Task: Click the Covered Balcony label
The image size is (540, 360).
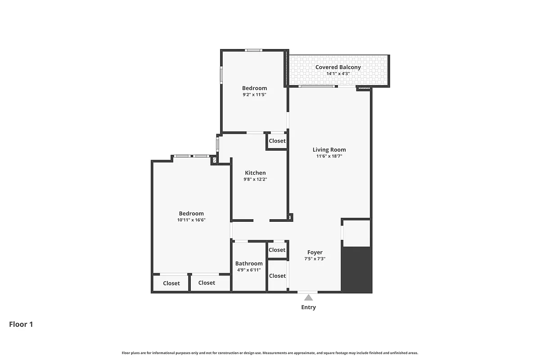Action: pyautogui.click(x=337, y=67)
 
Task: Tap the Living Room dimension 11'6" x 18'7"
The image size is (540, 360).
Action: pyautogui.click(x=329, y=157)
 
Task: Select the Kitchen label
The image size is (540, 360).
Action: pyautogui.click(x=255, y=173)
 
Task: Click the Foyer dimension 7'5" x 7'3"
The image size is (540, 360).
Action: pyautogui.click(x=315, y=259)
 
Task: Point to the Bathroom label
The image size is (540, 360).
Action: pyautogui.click(x=249, y=264)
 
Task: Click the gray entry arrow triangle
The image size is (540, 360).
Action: pyautogui.click(x=308, y=297)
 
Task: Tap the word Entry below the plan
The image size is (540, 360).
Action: pyautogui.click(x=308, y=307)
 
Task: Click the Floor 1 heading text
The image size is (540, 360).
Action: pyautogui.click(x=21, y=324)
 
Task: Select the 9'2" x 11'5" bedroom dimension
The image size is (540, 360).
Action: pyautogui.click(x=254, y=95)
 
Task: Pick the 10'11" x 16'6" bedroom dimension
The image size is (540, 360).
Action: pyautogui.click(x=191, y=220)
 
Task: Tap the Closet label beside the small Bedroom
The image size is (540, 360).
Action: pyautogui.click(x=277, y=141)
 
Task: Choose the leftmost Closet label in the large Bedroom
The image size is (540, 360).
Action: pyautogui.click(x=171, y=283)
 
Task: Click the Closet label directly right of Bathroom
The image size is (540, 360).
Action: pyautogui.click(x=277, y=250)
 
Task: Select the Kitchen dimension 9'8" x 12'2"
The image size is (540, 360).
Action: pyautogui.click(x=255, y=180)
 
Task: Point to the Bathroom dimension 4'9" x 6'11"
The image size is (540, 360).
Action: pyautogui.click(x=249, y=270)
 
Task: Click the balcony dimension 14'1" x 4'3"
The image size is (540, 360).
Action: pyautogui.click(x=337, y=73)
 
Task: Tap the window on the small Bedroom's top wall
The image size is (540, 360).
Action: pyautogui.click(x=254, y=50)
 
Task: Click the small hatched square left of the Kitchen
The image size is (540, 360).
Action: pyautogui.click(x=214, y=159)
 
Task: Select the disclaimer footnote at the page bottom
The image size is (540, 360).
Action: pyautogui.click(x=270, y=353)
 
